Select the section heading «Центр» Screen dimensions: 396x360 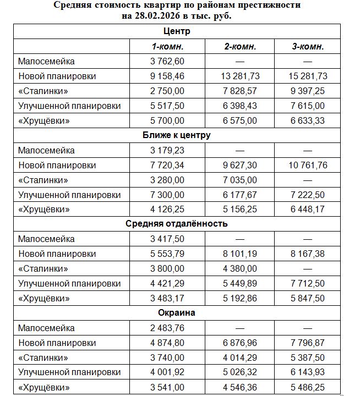(176, 31)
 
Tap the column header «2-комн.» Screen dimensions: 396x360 (241, 46)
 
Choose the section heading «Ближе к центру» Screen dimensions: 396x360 (176, 135)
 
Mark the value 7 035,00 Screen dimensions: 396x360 (241, 180)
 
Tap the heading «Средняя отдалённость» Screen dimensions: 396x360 (176, 224)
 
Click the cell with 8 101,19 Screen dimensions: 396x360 (241, 254)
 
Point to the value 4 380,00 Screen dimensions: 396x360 (241, 269)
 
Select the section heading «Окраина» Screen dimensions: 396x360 (176, 313)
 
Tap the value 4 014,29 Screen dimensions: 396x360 (241, 358)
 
